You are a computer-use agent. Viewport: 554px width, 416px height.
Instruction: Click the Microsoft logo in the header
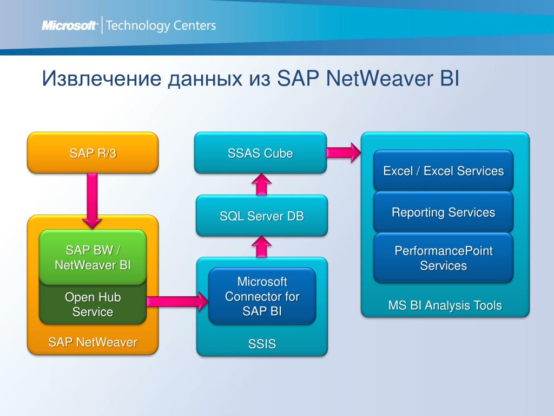(x=69, y=25)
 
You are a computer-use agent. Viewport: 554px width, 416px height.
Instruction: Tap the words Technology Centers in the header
(x=161, y=25)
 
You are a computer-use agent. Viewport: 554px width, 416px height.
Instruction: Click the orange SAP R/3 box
(x=93, y=153)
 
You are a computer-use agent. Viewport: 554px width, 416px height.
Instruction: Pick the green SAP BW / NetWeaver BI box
(x=93, y=257)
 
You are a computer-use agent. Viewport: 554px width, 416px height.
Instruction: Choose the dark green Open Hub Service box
(x=93, y=304)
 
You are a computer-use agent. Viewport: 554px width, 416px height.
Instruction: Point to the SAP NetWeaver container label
(x=93, y=342)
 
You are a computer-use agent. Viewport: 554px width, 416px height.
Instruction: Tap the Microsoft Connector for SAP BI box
(x=262, y=296)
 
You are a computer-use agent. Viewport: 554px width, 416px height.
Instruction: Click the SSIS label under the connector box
(x=262, y=343)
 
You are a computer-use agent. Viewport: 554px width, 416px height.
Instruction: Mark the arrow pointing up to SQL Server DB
(x=262, y=247)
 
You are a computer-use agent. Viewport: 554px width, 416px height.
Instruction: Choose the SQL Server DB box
(x=262, y=216)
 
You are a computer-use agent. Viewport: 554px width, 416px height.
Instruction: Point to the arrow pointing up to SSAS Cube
(x=262, y=184)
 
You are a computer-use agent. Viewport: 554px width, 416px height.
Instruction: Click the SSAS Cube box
(x=260, y=153)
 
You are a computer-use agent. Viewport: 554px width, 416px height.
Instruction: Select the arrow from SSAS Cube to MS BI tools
(x=344, y=152)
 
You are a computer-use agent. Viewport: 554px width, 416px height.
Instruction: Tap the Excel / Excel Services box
(x=443, y=171)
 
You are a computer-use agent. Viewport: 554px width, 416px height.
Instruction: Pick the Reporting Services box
(x=443, y=212)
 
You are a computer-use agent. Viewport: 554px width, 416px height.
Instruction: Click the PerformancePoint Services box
(x=443, y=258)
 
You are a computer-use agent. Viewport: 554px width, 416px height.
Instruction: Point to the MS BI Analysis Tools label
(x=445, y=305)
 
